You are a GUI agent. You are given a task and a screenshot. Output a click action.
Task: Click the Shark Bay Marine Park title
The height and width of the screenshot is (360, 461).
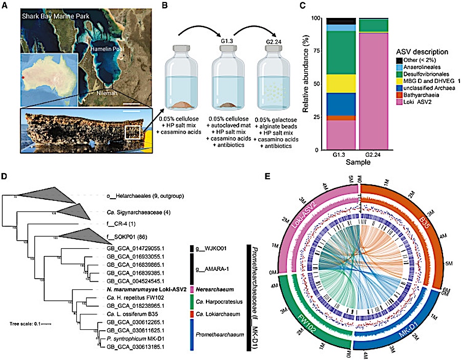coord(56,15)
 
